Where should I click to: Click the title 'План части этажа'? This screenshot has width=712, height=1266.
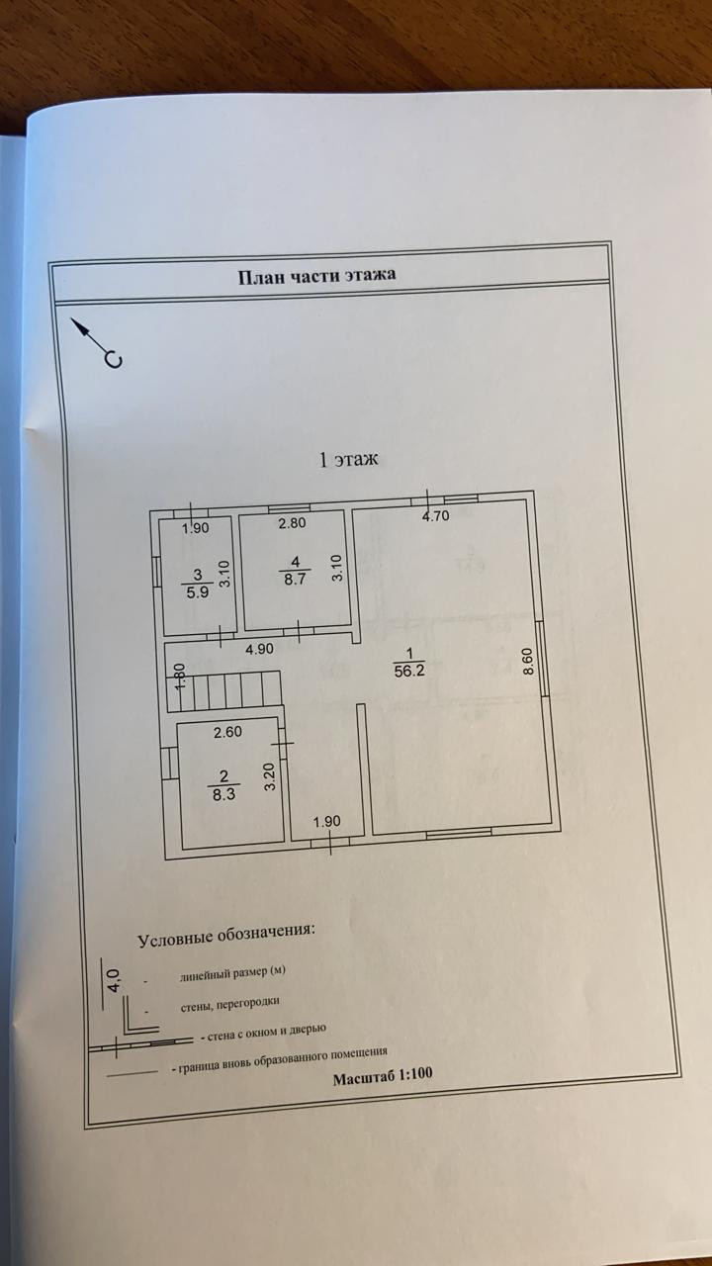pos(316,275)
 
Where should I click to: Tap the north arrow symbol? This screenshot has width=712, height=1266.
pos(99,342)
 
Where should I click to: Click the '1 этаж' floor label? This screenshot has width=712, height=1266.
pos(348,459)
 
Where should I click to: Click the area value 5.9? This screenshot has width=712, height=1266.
pos(198,594)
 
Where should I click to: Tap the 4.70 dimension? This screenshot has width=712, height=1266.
pos(436,515)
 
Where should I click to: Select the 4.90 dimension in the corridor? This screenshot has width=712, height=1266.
pos(258,651)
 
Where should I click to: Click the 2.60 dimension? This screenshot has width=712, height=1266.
pos(228,733)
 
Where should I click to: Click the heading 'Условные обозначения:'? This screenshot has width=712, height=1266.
pos(226,935)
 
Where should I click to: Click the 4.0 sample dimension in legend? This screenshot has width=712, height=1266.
pos(114,983)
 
